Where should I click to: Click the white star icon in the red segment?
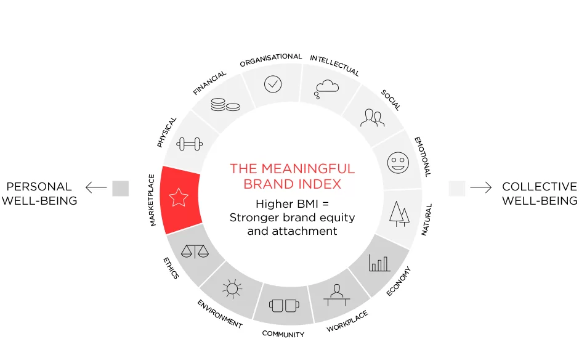click(179, 197)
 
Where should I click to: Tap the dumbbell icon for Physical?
click(190, 144)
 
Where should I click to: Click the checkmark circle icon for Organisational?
click(273, 84)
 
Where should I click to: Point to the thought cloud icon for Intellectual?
click(326, 89)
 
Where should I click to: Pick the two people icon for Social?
click(372, 118)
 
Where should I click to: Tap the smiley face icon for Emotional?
click(398, 163)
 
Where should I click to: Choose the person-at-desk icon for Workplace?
click(337, 295)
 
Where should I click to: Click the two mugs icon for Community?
click(284, 306)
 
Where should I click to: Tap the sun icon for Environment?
click(232, 288)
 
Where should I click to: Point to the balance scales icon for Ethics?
click(195, 252)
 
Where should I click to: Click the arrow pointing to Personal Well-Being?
click(96, 187)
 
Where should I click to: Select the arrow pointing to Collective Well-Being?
click(481, 187)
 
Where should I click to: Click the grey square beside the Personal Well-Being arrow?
click(120, 188)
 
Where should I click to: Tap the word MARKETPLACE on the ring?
click(152, 200)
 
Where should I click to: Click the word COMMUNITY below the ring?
click(283, 334)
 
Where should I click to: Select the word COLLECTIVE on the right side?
click(540, 187)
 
